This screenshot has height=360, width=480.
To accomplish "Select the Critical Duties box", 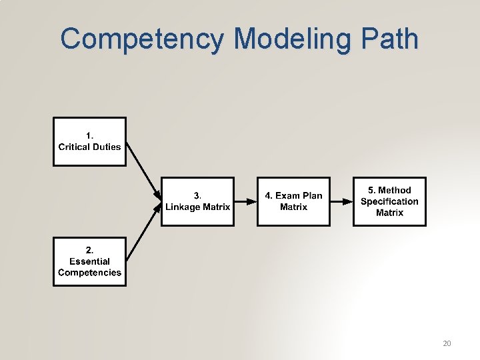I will coord(89,141).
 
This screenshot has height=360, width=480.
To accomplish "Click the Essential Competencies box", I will coord(89,261).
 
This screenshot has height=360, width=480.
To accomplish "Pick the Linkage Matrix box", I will coord(197,201).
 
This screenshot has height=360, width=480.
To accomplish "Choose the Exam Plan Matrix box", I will coord(293,201).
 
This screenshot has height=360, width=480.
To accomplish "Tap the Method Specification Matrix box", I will coord(389,201).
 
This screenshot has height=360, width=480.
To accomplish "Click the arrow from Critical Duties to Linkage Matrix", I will coord(143,170).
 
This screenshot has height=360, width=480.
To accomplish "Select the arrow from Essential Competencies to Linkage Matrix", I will coord(143,231).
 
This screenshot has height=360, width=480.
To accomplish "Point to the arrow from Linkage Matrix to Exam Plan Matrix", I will coord(245,201).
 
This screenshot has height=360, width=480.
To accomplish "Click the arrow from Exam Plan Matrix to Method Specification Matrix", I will coord(341,201).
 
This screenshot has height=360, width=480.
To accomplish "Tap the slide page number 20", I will coord(447,343).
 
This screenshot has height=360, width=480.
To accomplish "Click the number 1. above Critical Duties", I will coord(90,135).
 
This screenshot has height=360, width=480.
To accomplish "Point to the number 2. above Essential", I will coord(90,250).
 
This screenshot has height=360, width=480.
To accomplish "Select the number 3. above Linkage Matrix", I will coord(197,195).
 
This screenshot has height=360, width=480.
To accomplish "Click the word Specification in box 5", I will coord(389,201).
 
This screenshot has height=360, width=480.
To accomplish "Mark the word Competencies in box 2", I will coord(89,272).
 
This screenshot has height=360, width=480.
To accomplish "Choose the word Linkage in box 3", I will coord(182,207).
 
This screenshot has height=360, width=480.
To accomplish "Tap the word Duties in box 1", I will coord(107,147).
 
